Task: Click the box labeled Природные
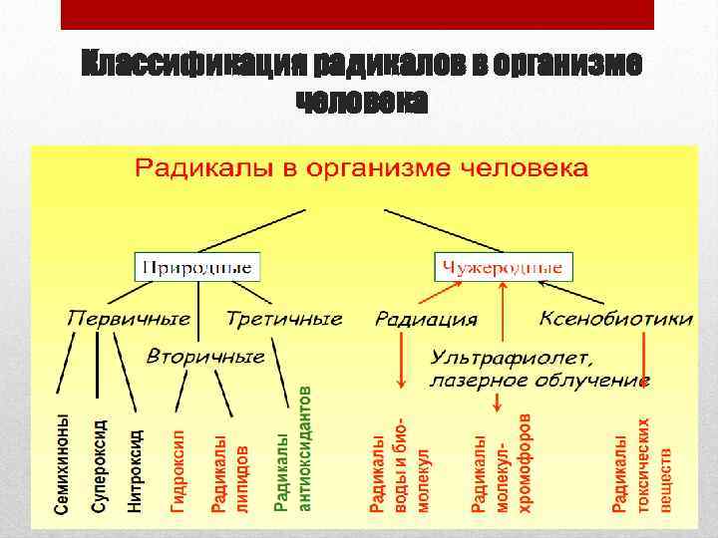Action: tap(198, 267)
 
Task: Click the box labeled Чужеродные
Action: tap(504, 267)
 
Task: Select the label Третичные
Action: tap(283, 319)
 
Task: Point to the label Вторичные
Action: tap(205, 356)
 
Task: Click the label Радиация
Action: tap(426, 320)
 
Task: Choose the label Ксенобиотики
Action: tap(615, 319)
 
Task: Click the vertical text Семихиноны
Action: tap(63, 464)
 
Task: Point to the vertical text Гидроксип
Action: tap(179, 470)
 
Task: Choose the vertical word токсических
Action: tap(644, 464)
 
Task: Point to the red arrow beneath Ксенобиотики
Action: tap(644, 359)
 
